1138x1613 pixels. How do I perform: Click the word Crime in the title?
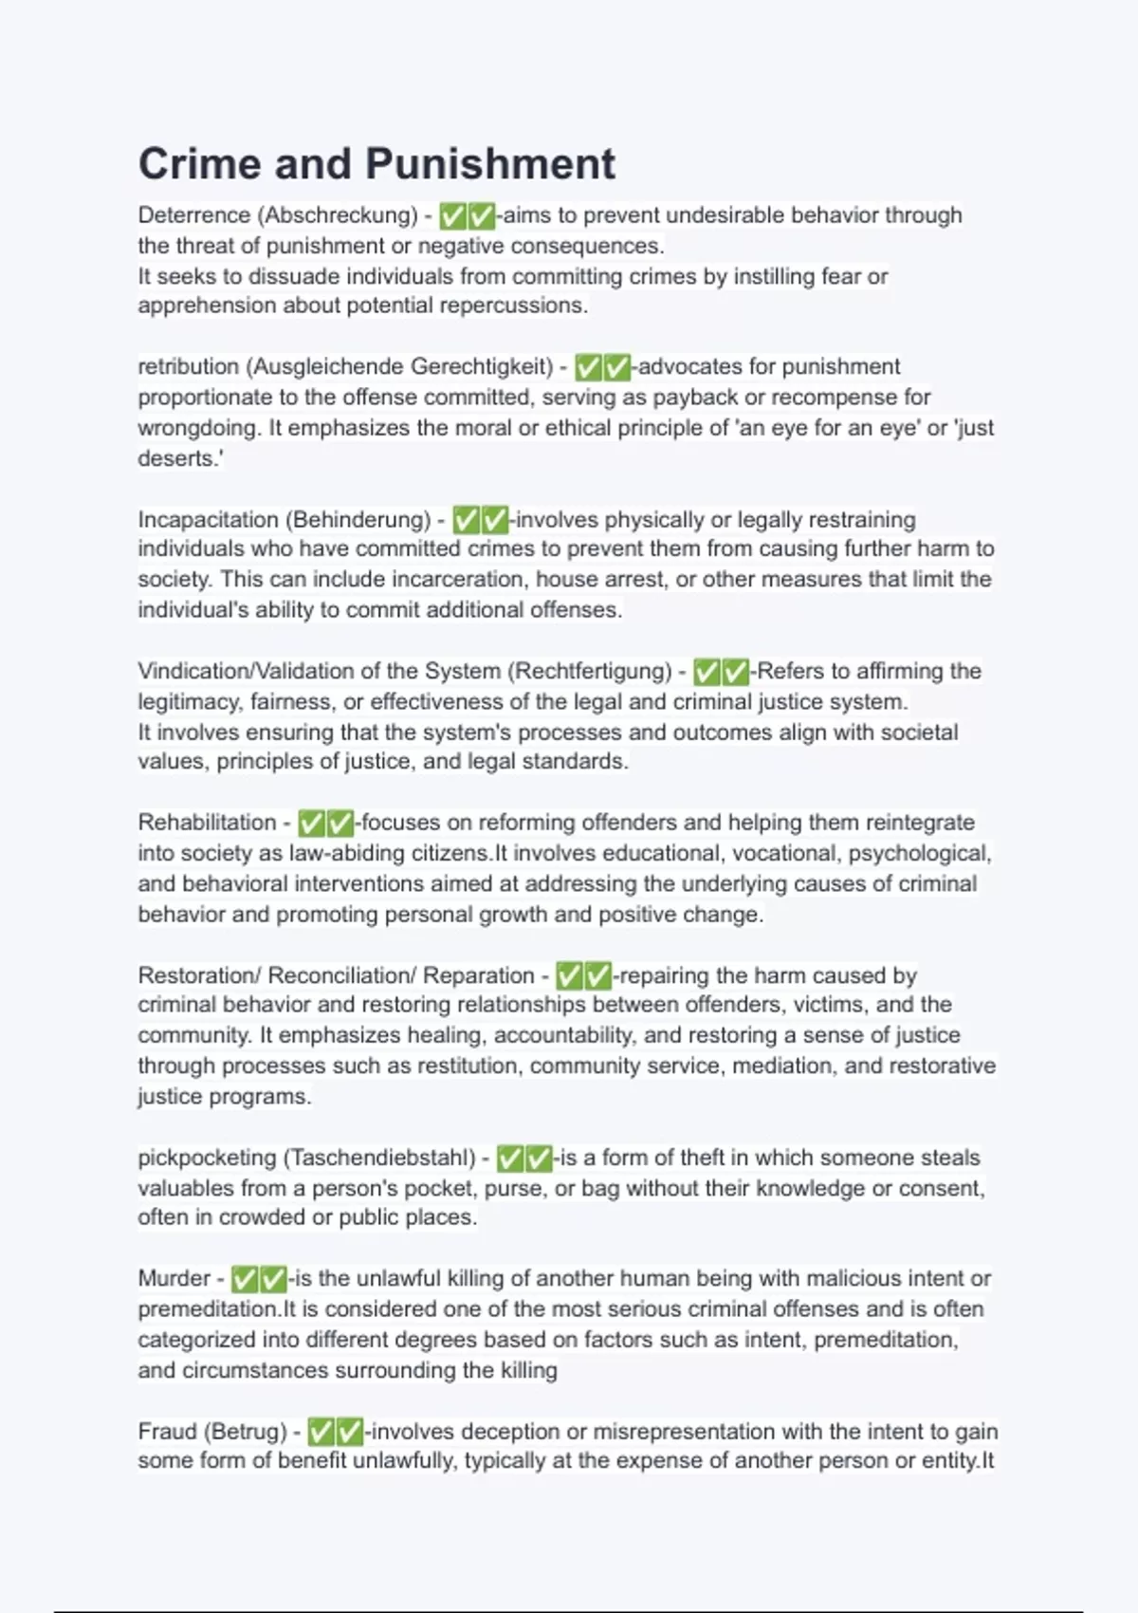(199, 164)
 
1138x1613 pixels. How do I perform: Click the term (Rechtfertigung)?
(590, 672)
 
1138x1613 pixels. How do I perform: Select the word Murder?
(174, 1279)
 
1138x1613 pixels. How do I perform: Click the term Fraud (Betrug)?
(211, 1431)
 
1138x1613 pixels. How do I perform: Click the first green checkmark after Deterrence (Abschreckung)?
(453, 216)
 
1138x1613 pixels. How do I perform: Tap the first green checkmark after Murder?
(245, 1280)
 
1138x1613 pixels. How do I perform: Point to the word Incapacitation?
(209, 520)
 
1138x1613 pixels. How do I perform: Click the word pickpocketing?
(207, 1158)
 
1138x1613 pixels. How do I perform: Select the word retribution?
(188, 367)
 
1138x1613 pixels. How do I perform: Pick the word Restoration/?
(198, 975)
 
